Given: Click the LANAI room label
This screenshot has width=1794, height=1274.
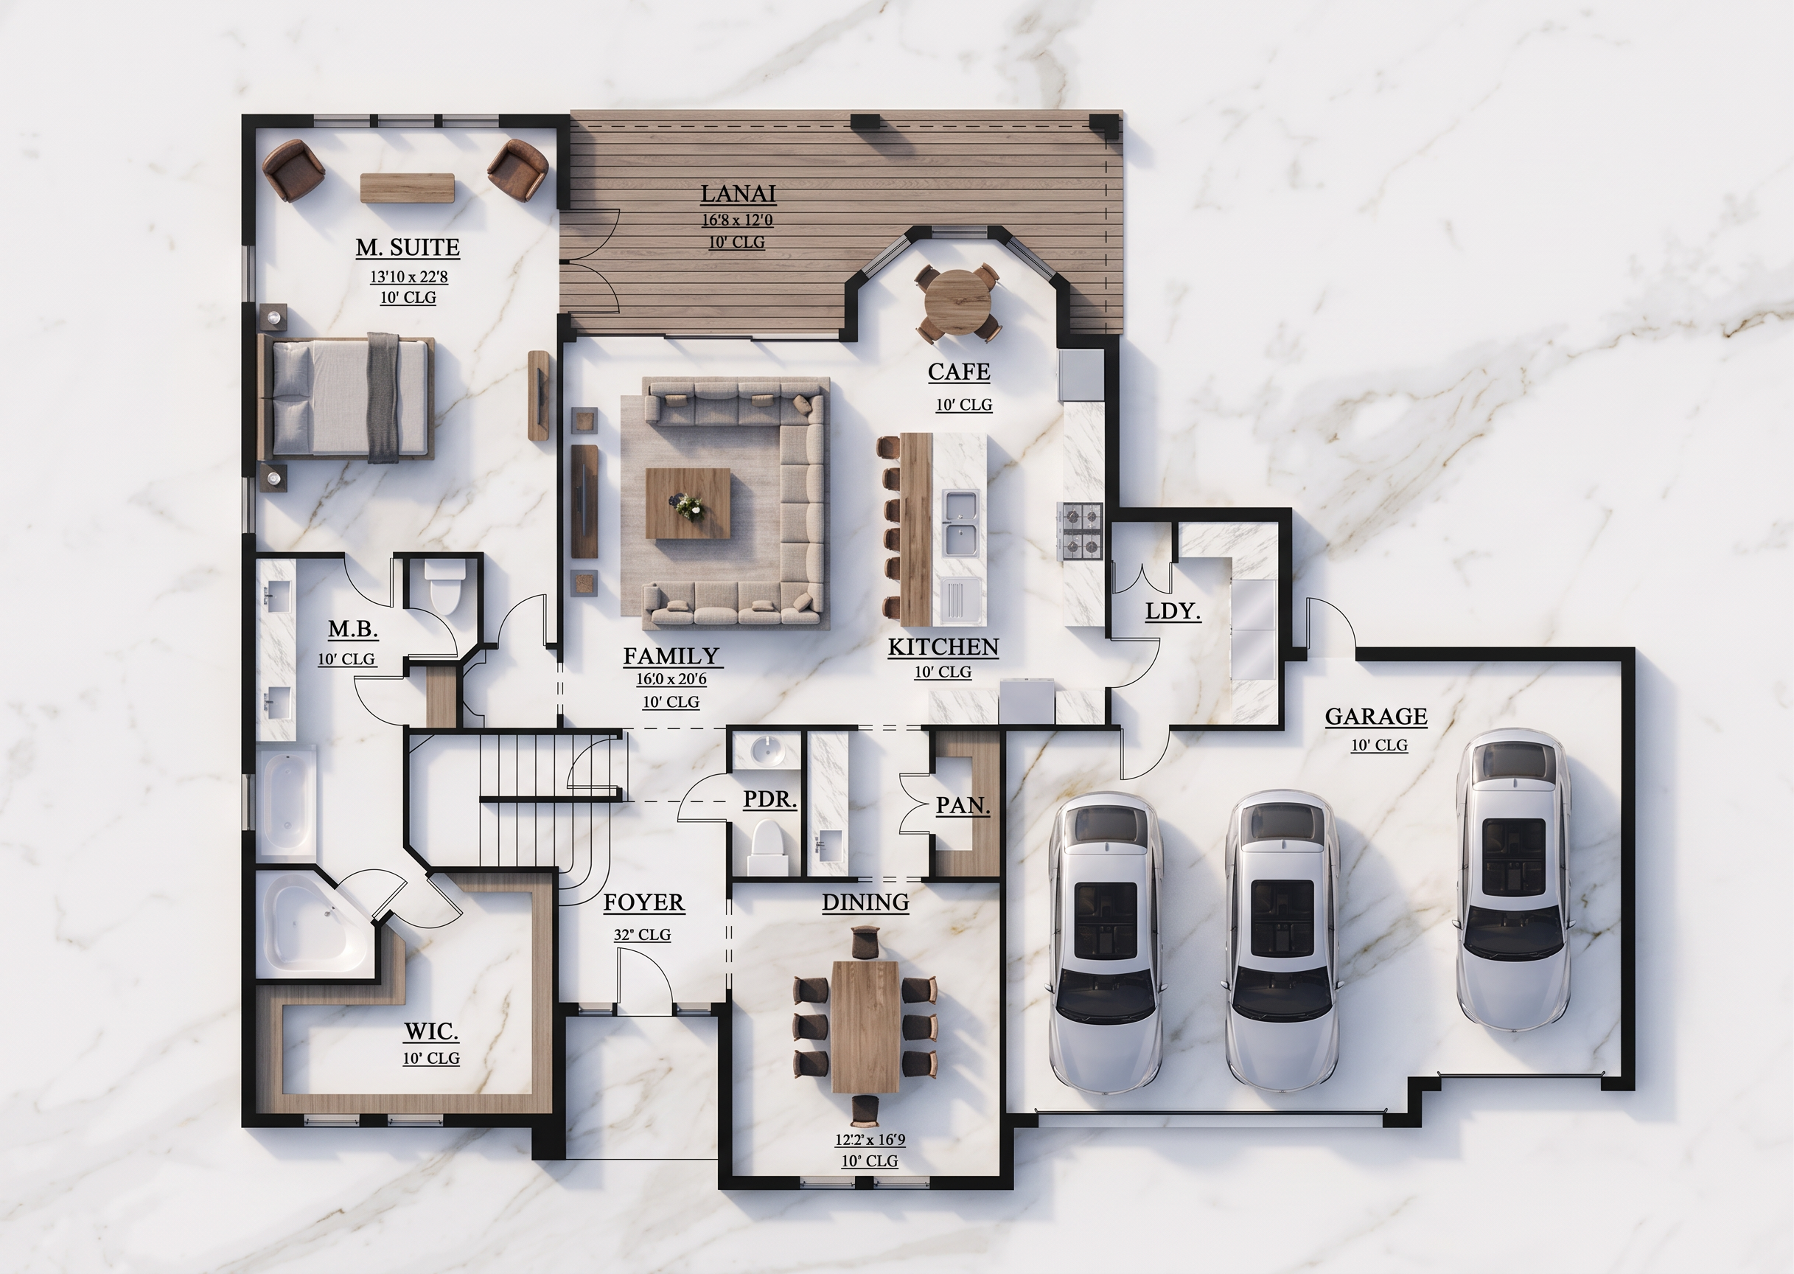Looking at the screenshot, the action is click(738, 194).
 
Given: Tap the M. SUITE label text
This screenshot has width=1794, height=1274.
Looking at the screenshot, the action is click(408, 248).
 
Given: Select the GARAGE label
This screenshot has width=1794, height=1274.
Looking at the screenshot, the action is click(1376, 716).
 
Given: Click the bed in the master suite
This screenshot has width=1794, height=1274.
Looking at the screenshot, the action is click(346, 397).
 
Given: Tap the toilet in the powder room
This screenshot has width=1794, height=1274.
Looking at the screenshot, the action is click(767, 847).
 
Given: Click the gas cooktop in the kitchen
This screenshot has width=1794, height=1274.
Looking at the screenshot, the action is click(1082, 530).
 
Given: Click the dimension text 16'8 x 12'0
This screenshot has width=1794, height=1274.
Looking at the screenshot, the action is click(738, 221).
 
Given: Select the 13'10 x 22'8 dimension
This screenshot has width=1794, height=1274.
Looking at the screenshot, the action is click(408, 277).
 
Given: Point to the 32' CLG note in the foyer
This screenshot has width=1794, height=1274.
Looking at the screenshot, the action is click(642, 934).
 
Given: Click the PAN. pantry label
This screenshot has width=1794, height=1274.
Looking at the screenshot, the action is click(963, 806).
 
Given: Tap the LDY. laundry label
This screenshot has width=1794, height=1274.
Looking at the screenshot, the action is click(1173, 611).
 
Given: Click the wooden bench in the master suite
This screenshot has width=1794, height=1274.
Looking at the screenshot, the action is click(408, 188).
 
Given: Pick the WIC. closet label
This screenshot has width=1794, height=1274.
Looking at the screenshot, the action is click(431, 1030).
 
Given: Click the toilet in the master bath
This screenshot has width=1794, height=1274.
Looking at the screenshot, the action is click(444, 585).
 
